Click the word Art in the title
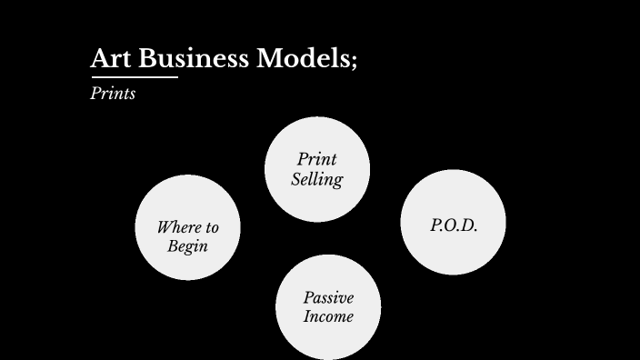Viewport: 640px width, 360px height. [109, 59]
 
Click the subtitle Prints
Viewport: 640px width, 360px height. [113, 94]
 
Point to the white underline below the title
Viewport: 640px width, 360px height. [134, 77]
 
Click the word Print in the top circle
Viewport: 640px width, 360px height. [317, 159]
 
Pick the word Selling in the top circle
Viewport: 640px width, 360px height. [317, 179]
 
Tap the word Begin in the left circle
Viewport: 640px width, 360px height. [187, 246]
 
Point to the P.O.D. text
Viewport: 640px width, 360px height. [453, 225]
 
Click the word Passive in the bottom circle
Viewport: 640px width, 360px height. [328, 298]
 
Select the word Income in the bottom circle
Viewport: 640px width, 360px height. [328, 317]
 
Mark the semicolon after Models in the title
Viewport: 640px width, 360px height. [353, 62]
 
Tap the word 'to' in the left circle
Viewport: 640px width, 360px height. [210, 227]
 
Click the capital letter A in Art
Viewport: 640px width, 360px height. [100, 59]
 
